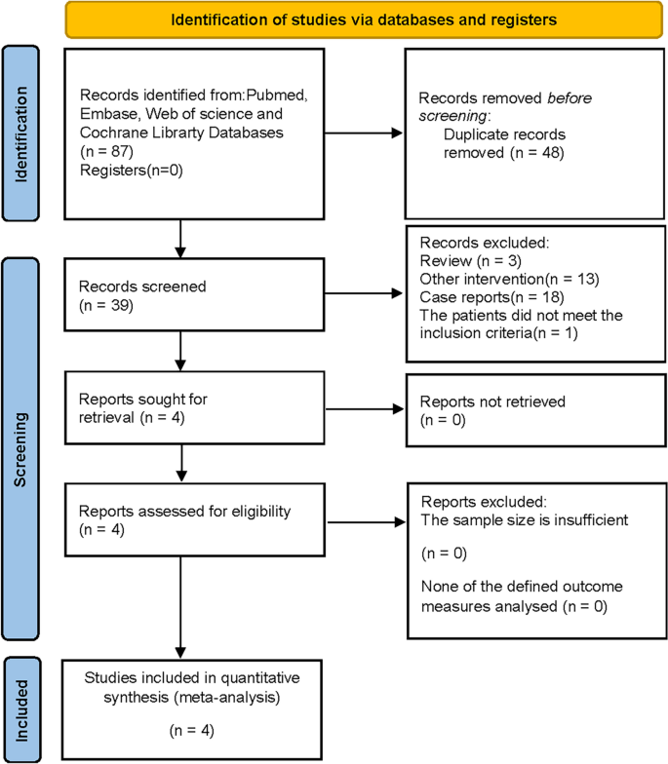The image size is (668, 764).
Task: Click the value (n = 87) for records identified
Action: pyautogui.click(x=101, y=153)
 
